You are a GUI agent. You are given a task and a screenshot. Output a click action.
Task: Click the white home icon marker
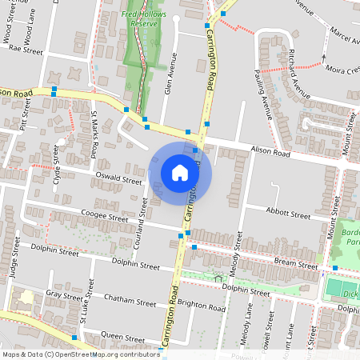tap(180, 172)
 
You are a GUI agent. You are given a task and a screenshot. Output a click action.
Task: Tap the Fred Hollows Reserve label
tap(140, 19)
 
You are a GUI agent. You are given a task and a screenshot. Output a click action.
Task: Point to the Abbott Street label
tap(288, 215)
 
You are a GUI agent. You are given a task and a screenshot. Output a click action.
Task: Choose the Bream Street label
tap(295, 262)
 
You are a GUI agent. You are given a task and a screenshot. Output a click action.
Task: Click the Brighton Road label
tap(198, 305)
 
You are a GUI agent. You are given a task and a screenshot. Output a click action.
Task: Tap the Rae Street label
tap(26, 49)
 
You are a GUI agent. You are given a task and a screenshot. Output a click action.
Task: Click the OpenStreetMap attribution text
tap(80, 354)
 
